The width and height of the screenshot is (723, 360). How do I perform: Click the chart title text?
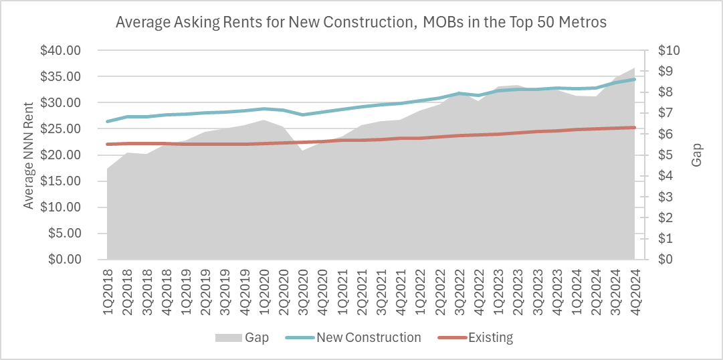point(361,22)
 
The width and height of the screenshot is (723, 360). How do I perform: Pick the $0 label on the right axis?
point(666,260)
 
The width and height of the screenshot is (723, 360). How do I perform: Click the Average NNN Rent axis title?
point(29,155)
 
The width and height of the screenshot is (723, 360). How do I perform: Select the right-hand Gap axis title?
point(698,155)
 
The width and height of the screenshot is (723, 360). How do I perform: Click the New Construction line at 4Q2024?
point(634,79)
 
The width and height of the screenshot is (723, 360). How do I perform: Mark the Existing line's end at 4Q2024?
point(634,127)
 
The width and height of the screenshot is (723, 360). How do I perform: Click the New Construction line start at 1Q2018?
point(108,121)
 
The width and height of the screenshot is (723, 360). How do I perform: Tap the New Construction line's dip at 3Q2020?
point(304,114)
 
